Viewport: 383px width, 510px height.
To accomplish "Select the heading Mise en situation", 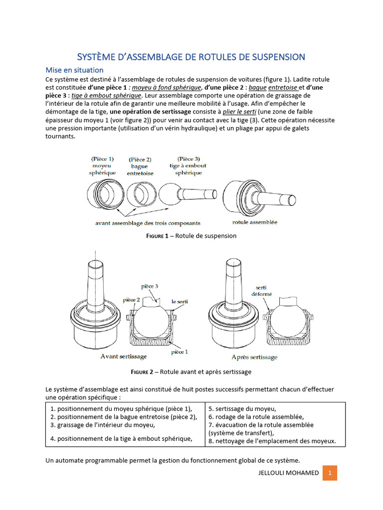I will tap(74, 70).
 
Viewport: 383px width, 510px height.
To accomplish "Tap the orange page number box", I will tap(330, 473).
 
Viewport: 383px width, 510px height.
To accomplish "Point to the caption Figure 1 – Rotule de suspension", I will tap(191, 236).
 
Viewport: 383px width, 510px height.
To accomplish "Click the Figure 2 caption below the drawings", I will tap(191, 372).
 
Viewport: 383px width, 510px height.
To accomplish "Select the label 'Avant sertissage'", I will tap(123, 357).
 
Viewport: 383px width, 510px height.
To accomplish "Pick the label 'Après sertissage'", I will tap(254, 357).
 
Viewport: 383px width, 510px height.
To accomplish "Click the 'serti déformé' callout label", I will tap(264, 291).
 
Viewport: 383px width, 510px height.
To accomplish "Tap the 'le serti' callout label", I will tap(180, 301).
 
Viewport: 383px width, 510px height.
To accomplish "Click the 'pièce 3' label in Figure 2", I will tap(150, 286).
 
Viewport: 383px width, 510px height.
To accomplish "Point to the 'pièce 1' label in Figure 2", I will tap(179, 352).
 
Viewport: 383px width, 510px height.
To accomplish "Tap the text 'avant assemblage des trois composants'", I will tap(148, 223).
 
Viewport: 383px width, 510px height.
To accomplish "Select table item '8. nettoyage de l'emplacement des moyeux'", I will tap(272, 441).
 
